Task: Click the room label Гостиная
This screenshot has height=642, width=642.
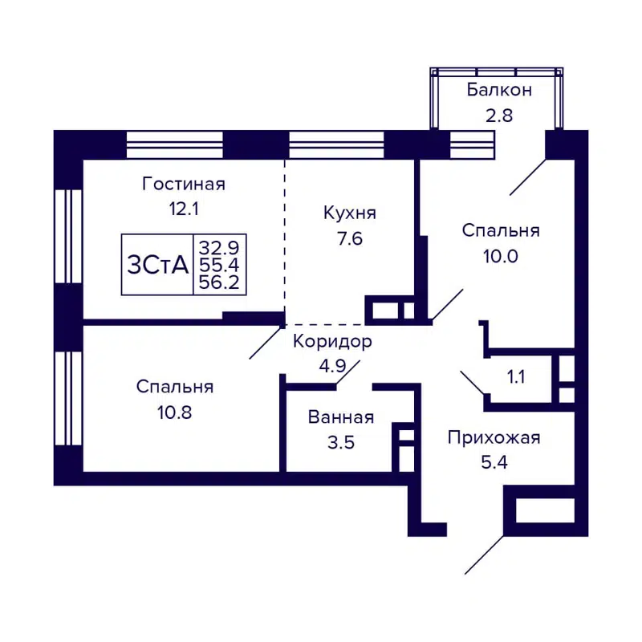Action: click(x=183, y=184)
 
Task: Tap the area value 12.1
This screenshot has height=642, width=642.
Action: click(x=183, y=209)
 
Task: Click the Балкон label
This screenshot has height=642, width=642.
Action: click(x=499, y=89)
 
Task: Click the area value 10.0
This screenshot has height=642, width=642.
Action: click(x=501, y=256)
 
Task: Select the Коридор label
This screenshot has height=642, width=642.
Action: click(x=331, y=342)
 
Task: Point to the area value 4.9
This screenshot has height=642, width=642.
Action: click(x=331, y=368)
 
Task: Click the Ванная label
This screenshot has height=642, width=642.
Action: click(x=341, y=417)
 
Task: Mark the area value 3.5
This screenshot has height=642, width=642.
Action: click(x=341, y=442)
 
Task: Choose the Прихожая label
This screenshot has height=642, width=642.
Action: click(x=494, y=437)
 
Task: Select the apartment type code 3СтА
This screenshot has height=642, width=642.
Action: click(x=157, y=265)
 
